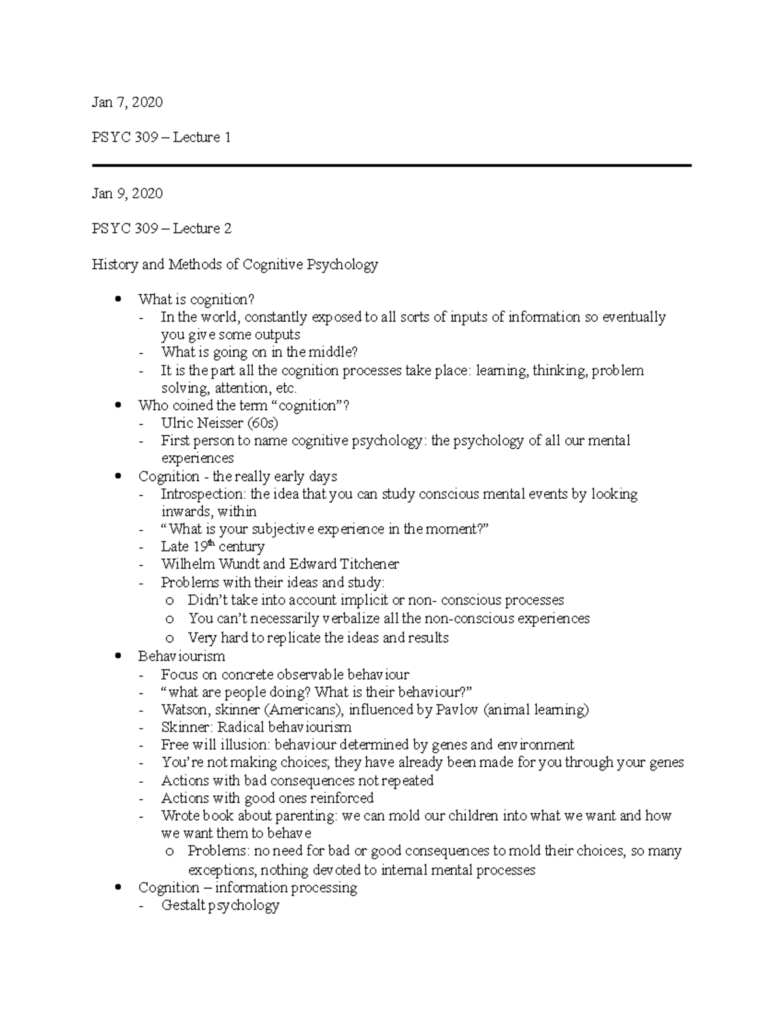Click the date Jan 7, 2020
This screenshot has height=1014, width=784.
coord(127,102)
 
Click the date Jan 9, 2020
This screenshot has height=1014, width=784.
coord(127,193)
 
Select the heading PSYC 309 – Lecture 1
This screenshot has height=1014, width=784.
coord(161,138)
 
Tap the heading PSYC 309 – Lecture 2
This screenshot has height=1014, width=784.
coord(161,229)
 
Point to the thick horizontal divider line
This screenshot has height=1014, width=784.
coord(391,166)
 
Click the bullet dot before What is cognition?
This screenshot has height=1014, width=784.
coord(118,300)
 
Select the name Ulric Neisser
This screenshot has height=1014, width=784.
coord(203,423)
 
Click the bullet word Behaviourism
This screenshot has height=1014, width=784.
coord(182,656)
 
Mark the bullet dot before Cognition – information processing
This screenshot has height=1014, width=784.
coord(118,887)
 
